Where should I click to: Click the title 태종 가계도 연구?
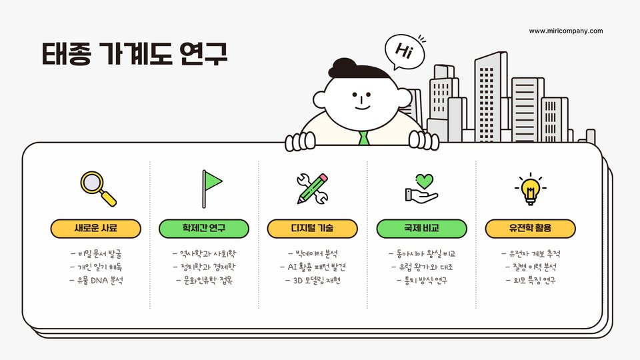(x=135, y=54)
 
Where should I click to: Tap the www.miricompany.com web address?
(x=566, y=31)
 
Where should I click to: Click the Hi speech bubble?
(x=405, y=51)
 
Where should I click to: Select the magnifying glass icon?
(x=98, y=188)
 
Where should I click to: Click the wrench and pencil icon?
(x=313, y=188)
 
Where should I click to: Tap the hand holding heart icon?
(x=421, y=188)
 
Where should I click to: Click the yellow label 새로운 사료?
(x=96, y=228)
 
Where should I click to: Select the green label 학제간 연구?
(x=204, y=228)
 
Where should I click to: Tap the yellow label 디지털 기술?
(x=313, y=228)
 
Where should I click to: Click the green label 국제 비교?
(x=421, y=228)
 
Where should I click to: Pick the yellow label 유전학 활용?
(x=530, y=228)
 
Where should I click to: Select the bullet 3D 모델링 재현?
(x=313, y=280)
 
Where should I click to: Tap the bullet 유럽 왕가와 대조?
(x=421, y=267)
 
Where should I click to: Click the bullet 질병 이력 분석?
(x=530, y=267)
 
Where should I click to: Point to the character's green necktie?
(x=363, y=138)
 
